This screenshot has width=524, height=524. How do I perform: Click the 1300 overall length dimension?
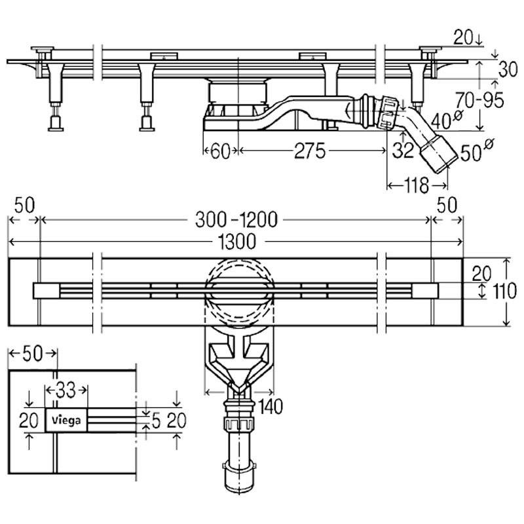pyautogui.click(x=235, y=242)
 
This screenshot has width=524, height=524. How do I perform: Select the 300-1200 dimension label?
pyautogui.click(x=235, y=221)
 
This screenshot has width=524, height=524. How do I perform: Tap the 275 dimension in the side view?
pyautogui.click(x=309, y=152)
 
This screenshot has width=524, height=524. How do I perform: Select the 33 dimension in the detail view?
pyautogui.click(x=65, y=391)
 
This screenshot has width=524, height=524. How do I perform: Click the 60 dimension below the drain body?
pyautogui.click(x=220, y=152)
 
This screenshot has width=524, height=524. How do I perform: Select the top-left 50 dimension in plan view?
pyautogui.click(x=24, y=204)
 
